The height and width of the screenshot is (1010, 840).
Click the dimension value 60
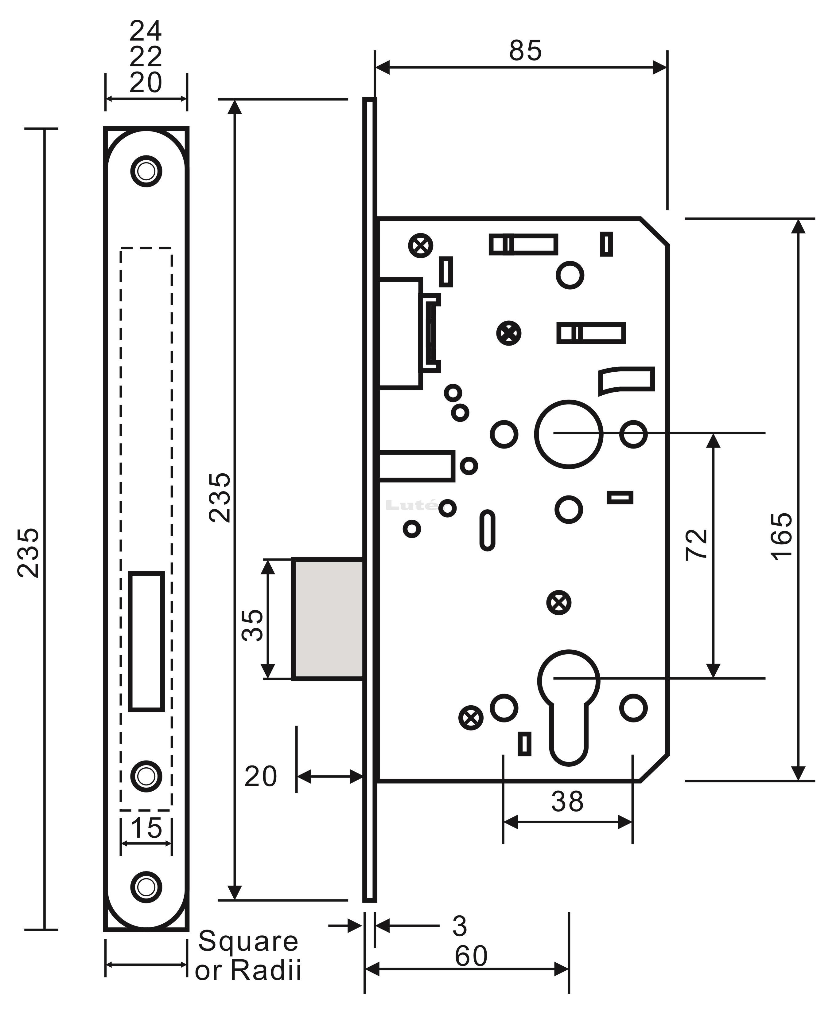coord(471,956)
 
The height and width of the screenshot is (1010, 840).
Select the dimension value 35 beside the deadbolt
coord(252,625)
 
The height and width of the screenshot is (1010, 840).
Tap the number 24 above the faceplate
coord(146,31)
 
